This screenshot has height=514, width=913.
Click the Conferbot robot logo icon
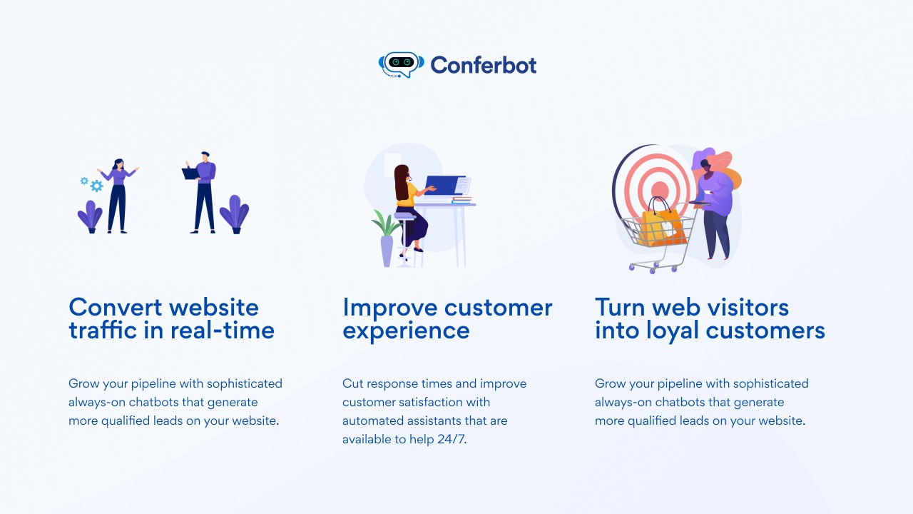click(x=401, y=64)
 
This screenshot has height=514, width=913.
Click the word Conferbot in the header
click(x=484, y=65)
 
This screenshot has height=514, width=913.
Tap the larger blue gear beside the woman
click(x=96, y=186)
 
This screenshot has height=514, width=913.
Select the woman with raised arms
click(x=118, y=196)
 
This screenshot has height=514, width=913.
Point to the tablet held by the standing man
click(x=190, y=173)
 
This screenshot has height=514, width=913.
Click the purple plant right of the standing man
click(x=235, y=214)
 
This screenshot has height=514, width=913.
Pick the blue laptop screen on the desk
click(x=444, y=186)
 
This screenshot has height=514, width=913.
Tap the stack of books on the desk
click(x=461, y=200)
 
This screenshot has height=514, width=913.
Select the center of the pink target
click(x=660, y=190)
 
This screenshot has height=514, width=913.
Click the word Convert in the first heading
click(x=116, y=307)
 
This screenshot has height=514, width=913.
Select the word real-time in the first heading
click(x=222, y=330)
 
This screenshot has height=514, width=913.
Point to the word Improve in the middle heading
click(x=390, y=308)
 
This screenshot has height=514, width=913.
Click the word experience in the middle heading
click(x=406, y=331)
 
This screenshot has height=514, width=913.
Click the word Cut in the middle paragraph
click(x=352, y=383)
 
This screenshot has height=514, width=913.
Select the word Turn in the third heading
click(x=621, y=308)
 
